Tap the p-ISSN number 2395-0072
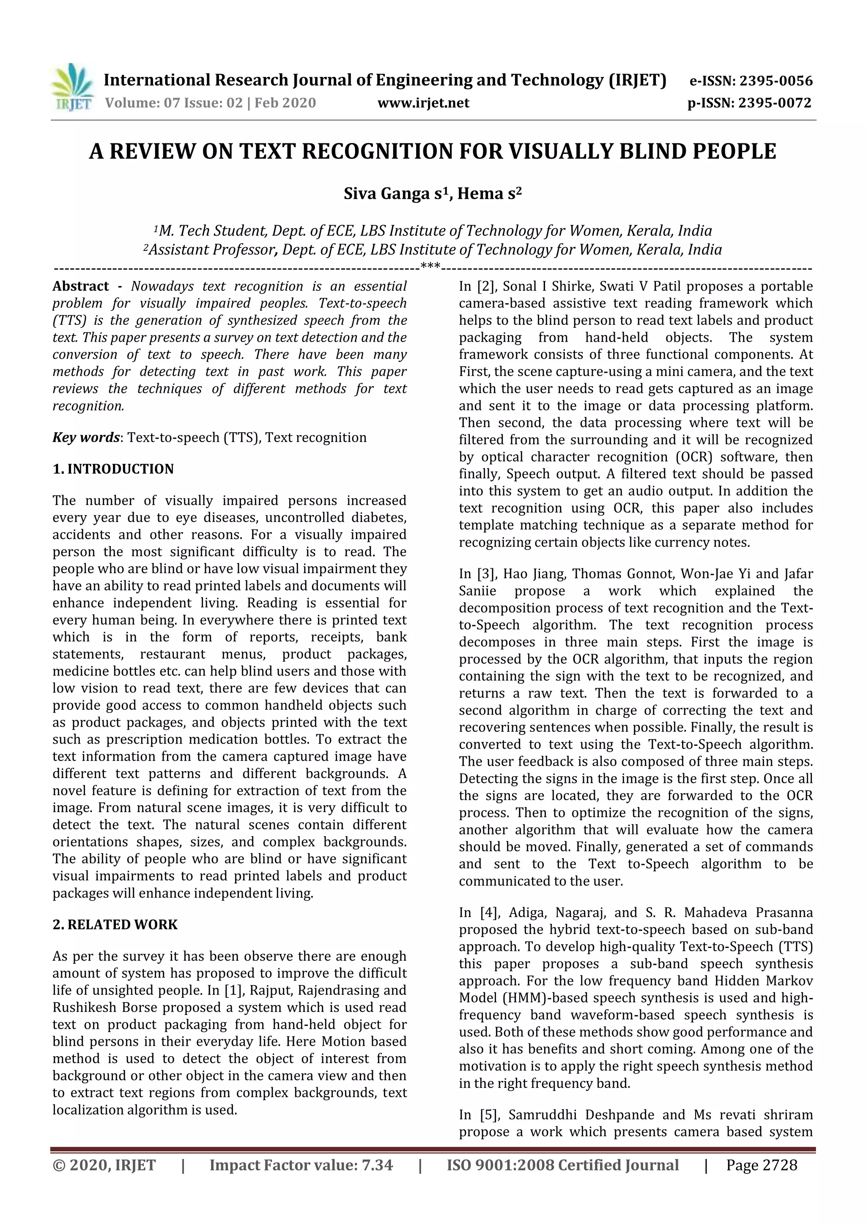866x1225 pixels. pos(774,103)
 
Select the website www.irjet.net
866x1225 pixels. pos(423,103)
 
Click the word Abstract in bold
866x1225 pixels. pos(80,286)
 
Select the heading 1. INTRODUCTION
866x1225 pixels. pos(113,469)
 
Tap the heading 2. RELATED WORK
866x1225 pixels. pos(115,925)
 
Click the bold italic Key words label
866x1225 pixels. pos(86,437)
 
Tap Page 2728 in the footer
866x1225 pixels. pos(762,1165)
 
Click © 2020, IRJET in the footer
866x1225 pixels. pos(104,1165)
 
